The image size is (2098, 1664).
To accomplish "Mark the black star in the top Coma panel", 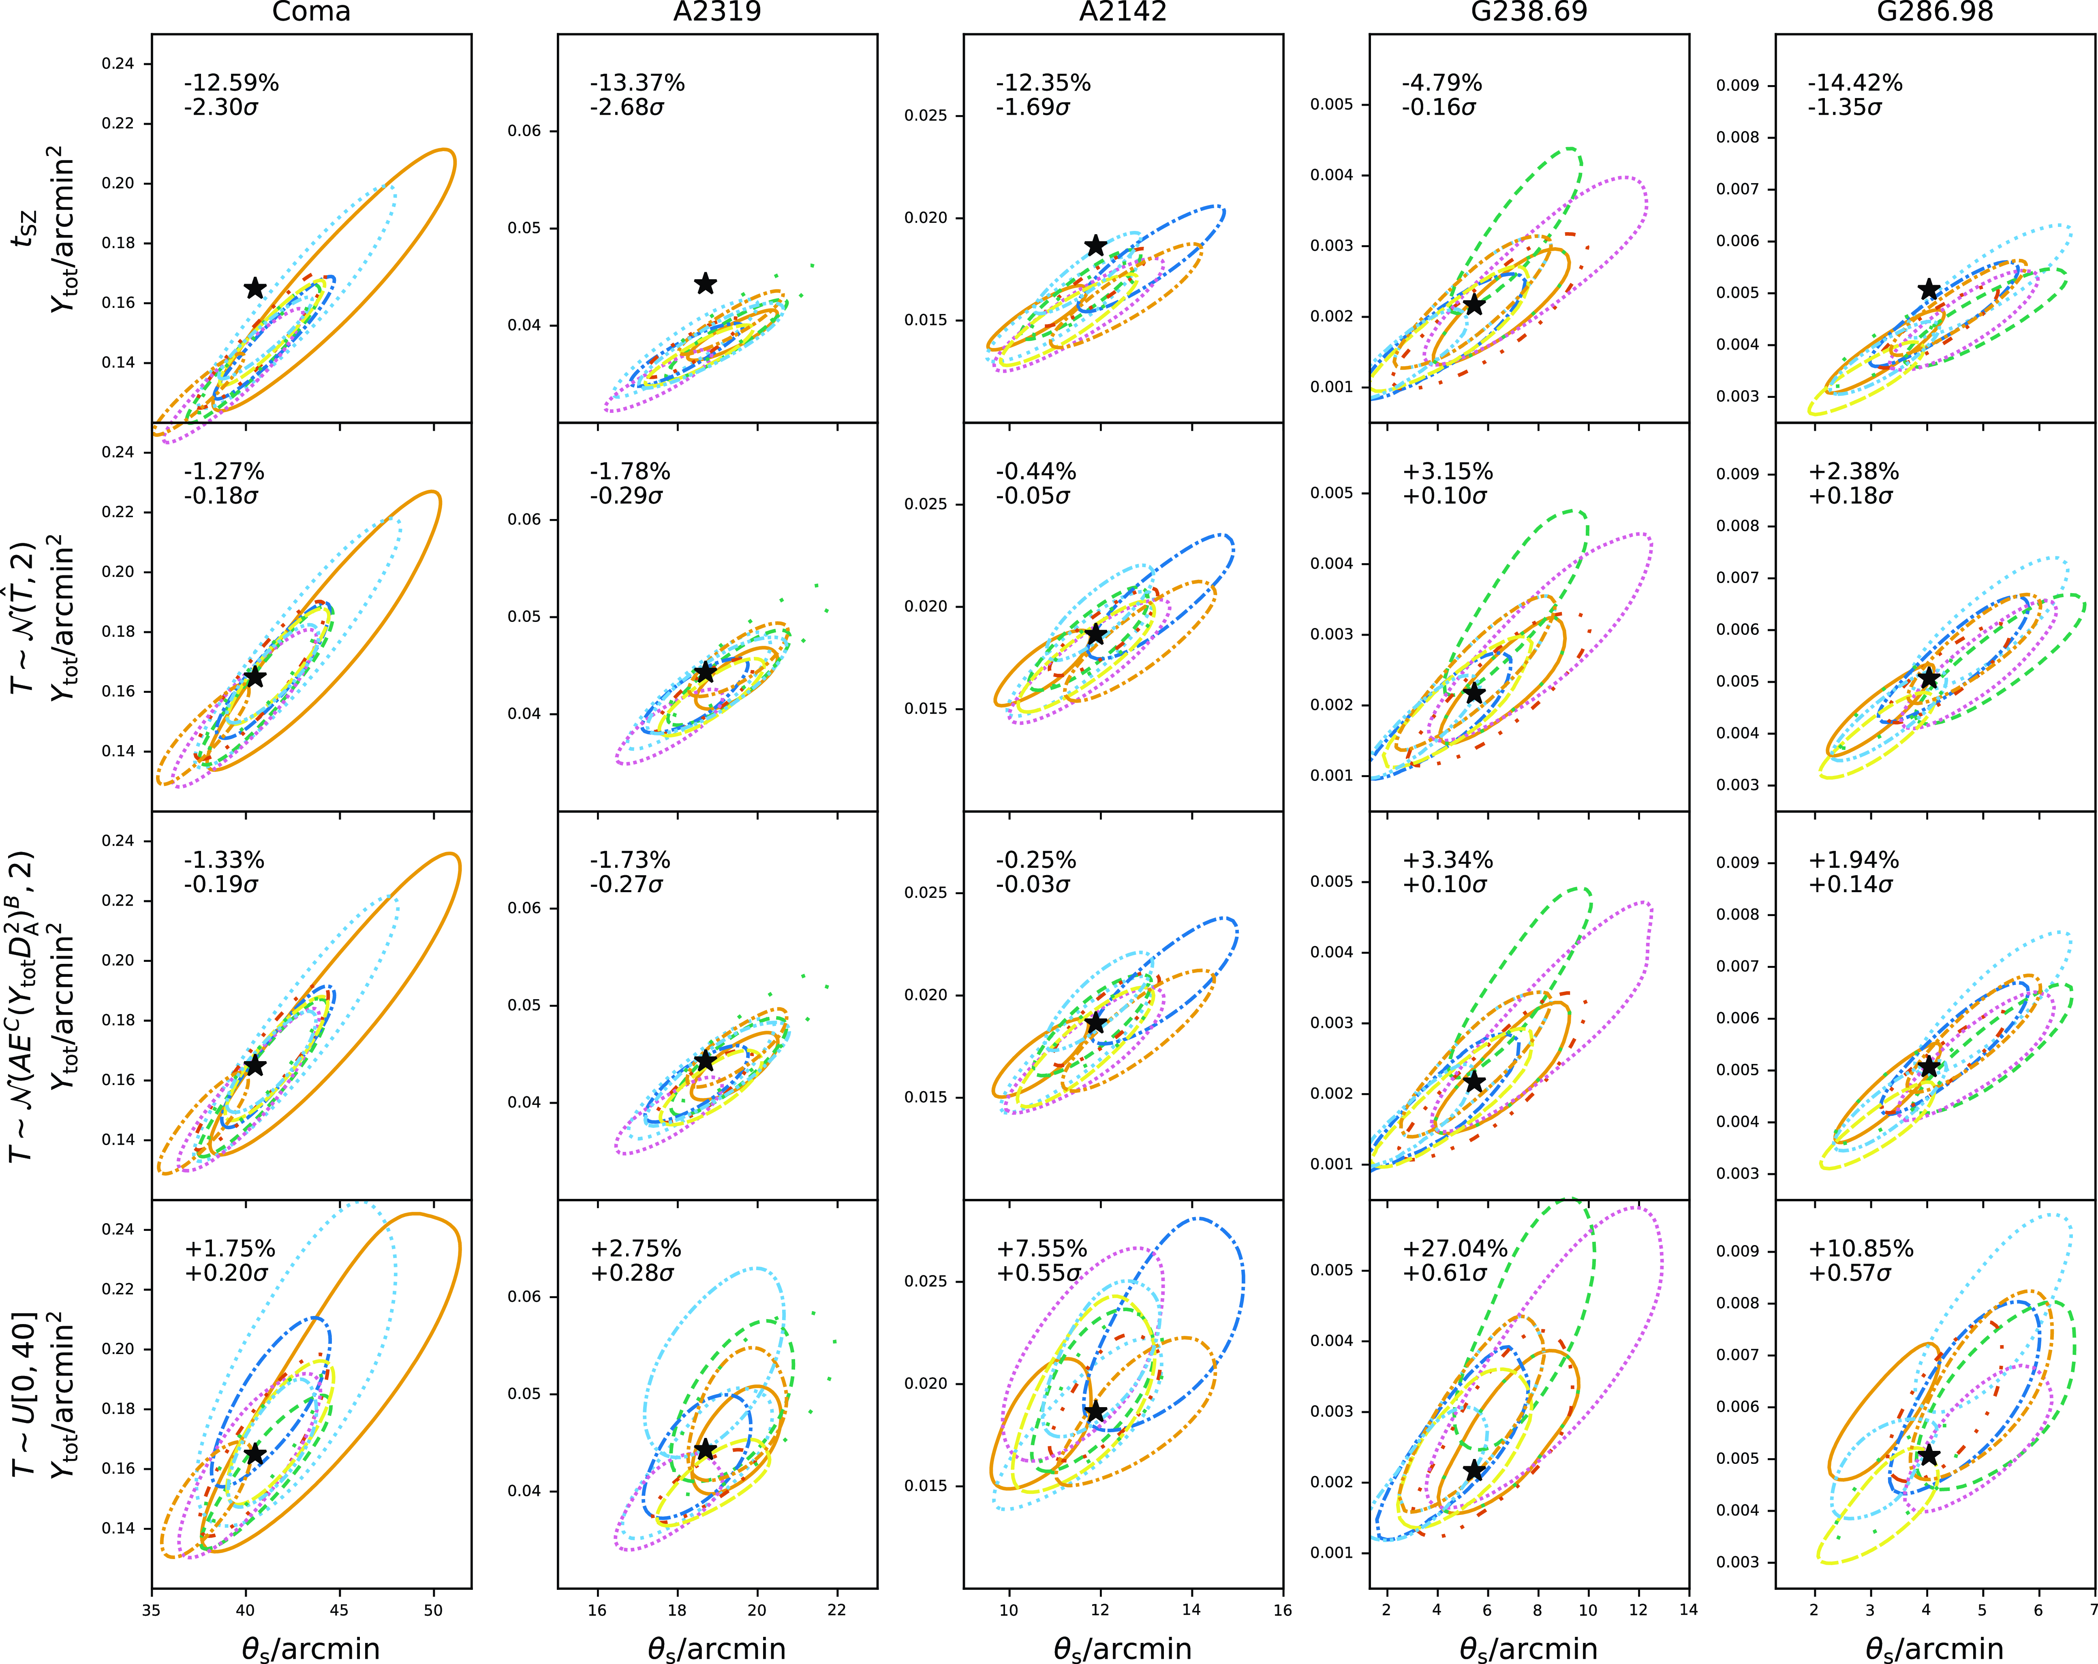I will [x=255, y=288].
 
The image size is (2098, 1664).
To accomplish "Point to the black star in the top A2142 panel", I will [x=1096, y=245].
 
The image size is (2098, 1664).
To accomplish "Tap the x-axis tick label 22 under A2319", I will [x=837, y=1611].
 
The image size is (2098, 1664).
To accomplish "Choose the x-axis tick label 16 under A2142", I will [x=1283, y=1611].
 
